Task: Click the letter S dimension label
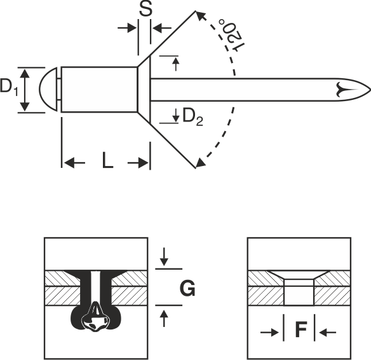[145, 10]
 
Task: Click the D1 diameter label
[9, 87]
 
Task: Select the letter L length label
[107, 160]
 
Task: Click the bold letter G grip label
[187, 288]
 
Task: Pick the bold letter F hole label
[301, 329]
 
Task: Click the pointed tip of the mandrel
[370, 90]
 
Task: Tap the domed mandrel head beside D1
[48, 89]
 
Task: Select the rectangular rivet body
[99, 89]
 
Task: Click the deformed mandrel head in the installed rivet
[95, 317]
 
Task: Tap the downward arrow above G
[164, 257]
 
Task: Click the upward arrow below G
[164, 319]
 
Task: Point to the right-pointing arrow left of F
[270, 333]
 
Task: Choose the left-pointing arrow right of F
[327, 333]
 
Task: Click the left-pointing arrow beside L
[74, 163]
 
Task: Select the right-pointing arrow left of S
[127, 28]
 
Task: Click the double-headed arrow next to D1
[25, 90]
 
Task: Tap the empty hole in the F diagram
[299, 292]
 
